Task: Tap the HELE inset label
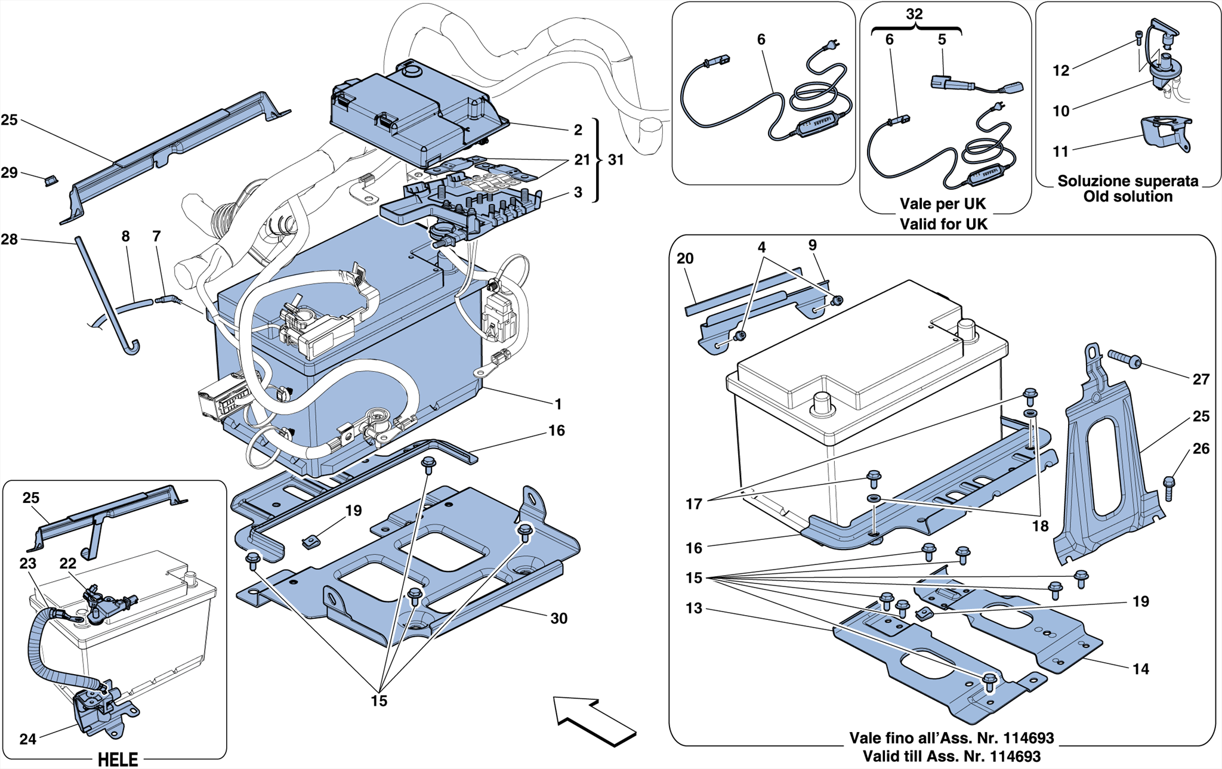(x=118, y=759)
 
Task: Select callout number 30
(x=558, y=619)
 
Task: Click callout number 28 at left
(x=10, y=239)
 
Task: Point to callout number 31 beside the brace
(x=616, y=160)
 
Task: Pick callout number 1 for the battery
(x=558, y=404)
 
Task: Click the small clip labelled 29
(x=51, y=180)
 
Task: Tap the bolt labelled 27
(x=1125, y=360)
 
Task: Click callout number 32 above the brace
(x=914, y=14)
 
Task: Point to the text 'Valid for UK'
(x=943, y=224)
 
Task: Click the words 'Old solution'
(x=1128, y=196)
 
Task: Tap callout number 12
(x=1060, y=71)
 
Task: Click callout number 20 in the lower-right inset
(x=685, y=258)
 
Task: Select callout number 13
(x=693, y=609)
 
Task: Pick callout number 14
(x=1140, y=669)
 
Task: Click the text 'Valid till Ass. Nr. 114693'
(x=951, y=756)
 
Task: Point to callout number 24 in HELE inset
(x=28, y=739)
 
